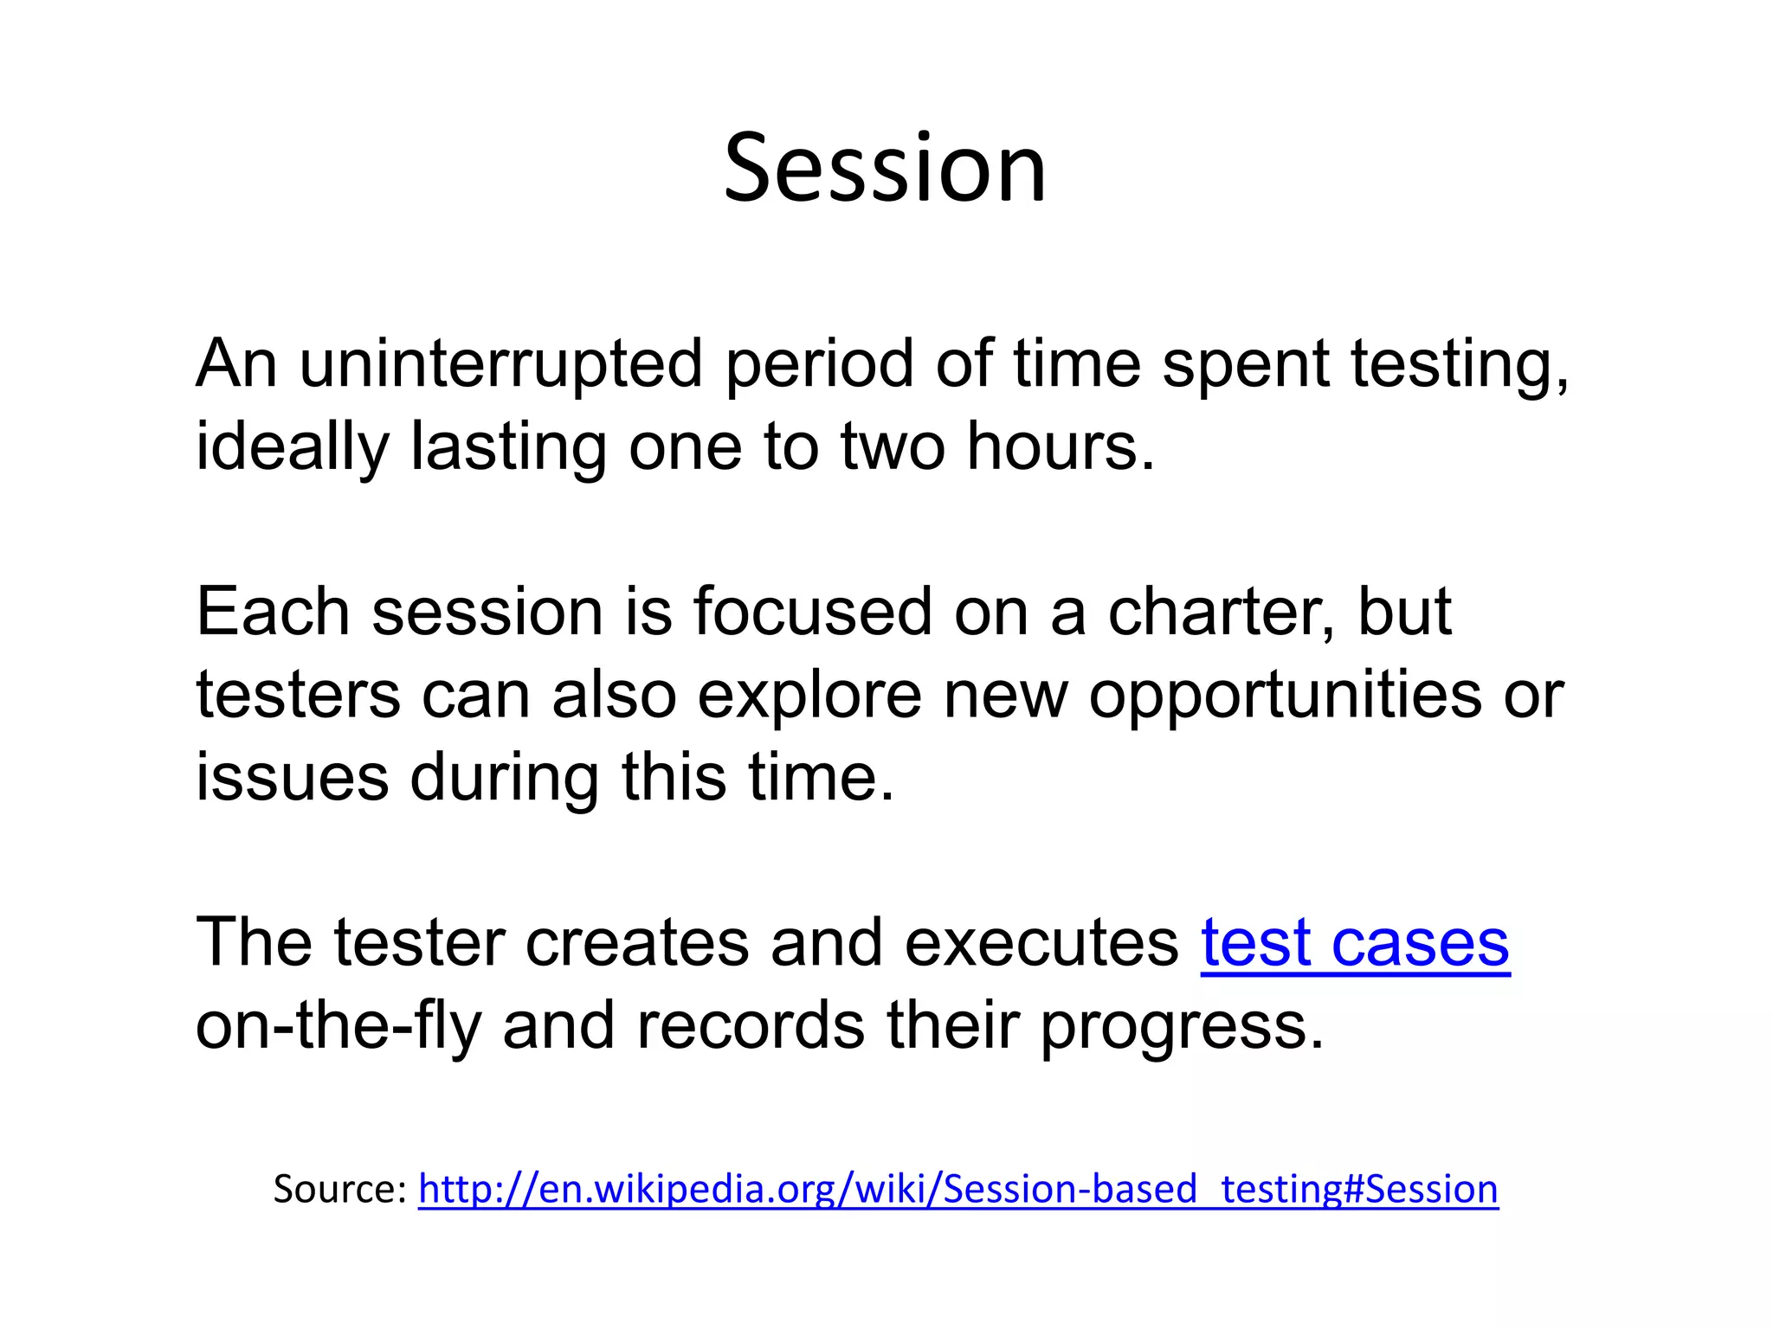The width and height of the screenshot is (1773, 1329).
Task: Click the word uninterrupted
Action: [x=500, y=363]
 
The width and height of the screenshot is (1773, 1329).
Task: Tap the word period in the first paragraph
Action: [x=819, y=363]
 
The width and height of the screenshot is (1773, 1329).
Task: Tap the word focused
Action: [x=812, y=612]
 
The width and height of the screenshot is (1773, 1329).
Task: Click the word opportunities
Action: [x=1285, y=695]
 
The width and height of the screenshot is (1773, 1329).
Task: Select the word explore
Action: [x=810, y=695]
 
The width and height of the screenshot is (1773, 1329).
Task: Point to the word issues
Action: [x=293, y=776]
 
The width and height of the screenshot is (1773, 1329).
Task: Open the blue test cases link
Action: [x=1355, y=943]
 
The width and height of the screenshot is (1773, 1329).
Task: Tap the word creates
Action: [x=637, y=943]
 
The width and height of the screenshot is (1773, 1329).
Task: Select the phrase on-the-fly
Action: [x=338, y=1026]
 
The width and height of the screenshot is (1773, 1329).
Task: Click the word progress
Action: [x=1181, y=1026]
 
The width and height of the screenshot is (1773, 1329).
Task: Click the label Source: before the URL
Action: [x=339, y=1190]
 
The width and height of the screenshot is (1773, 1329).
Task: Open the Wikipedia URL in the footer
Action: [x=957, y=1190]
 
